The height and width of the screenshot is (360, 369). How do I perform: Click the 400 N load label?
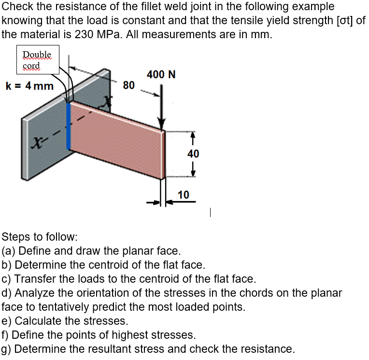tap(161, 74)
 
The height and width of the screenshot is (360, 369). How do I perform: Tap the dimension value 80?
tap(128, 86)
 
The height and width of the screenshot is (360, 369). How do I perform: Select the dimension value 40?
tap(193, 154)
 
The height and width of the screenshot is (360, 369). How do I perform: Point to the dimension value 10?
tap(183, 195)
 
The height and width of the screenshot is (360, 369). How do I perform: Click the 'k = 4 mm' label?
tap(29, 86)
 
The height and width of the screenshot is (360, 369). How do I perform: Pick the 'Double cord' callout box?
tap(38, 60)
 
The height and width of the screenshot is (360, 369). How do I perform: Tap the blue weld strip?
tap(69, 126)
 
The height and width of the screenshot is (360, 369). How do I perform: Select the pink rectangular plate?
tap(118, 140)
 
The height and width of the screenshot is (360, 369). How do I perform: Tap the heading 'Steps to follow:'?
tap(39, 237)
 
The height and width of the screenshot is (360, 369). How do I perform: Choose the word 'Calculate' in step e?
tap(37, 321)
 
